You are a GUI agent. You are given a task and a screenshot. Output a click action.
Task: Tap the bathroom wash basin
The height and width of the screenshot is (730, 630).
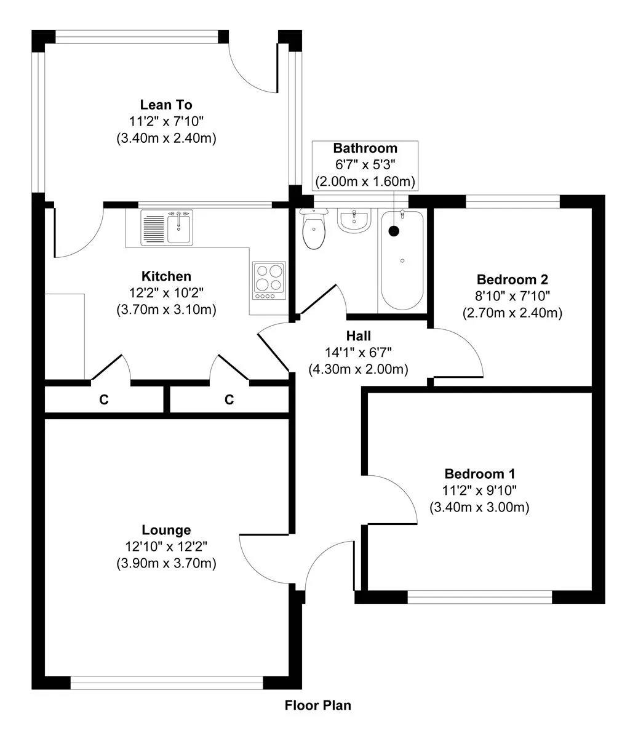pos(354,221)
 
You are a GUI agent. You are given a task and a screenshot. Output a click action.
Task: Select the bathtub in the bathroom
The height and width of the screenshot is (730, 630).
pos(402,260)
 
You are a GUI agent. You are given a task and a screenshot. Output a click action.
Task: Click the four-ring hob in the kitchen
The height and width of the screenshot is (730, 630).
pos(269,281)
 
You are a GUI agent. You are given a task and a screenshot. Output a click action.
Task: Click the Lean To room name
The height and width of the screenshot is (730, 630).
pos(166,105)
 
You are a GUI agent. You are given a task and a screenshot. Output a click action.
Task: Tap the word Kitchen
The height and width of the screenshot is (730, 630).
pos(166,276)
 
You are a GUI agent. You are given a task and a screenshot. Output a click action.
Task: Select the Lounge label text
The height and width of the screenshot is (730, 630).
pos(166,530)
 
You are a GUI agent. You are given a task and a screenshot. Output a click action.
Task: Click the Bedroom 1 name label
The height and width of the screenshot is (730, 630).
pos(480,474)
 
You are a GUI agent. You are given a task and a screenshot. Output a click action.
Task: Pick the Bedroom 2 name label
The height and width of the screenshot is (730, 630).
pos(512,279)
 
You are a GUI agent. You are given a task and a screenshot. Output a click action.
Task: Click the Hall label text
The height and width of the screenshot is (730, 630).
pos(358,335)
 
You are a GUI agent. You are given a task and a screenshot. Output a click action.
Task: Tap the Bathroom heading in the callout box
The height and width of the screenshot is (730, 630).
pos(365,148)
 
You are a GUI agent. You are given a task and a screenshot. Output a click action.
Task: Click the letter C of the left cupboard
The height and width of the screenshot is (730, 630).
pos(104,399)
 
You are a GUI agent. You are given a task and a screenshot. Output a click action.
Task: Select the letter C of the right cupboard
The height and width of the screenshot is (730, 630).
pos(229,399)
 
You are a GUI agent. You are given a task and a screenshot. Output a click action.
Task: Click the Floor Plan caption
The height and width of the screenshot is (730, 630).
pos(318,705)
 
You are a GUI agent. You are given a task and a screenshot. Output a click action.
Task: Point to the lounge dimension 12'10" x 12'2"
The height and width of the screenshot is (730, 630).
pos(166,547)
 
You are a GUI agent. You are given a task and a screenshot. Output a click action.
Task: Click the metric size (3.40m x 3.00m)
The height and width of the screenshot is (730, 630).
pos(479,507)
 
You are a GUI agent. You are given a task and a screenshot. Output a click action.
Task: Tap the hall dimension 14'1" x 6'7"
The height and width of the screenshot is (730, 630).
pos(358,353)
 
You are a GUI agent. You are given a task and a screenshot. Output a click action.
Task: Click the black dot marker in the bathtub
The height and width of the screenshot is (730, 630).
pos(394,230)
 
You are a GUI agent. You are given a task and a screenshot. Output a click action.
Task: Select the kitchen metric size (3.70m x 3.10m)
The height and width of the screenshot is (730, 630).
pos(166,310)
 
